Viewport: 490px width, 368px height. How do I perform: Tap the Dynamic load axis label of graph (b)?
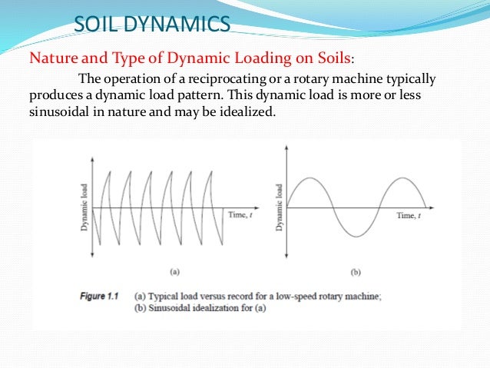(x=280, y=207)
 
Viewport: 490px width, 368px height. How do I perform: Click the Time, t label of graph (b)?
(x=411, y=216)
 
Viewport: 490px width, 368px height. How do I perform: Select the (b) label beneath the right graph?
(x=354, y=272)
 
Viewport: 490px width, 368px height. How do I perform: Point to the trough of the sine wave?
(x=356, y=236)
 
